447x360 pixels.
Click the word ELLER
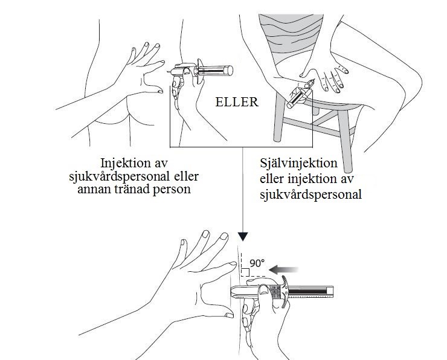(237, 102)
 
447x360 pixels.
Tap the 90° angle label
(257, 263)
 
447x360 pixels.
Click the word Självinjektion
(298, 164)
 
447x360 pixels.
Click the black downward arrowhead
(243, 237)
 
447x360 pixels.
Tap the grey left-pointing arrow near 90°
(284, 269)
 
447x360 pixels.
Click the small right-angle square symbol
(245, 272)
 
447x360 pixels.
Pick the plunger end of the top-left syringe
(229, 71)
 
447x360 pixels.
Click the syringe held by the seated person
(301, 94)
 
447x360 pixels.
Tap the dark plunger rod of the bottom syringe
(307, 292)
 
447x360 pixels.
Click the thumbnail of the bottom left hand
(230, 315)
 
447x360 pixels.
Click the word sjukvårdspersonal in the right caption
(310, 194)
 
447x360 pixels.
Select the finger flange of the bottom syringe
(285, 292)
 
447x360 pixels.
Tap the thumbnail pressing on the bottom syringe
(264, 290)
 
